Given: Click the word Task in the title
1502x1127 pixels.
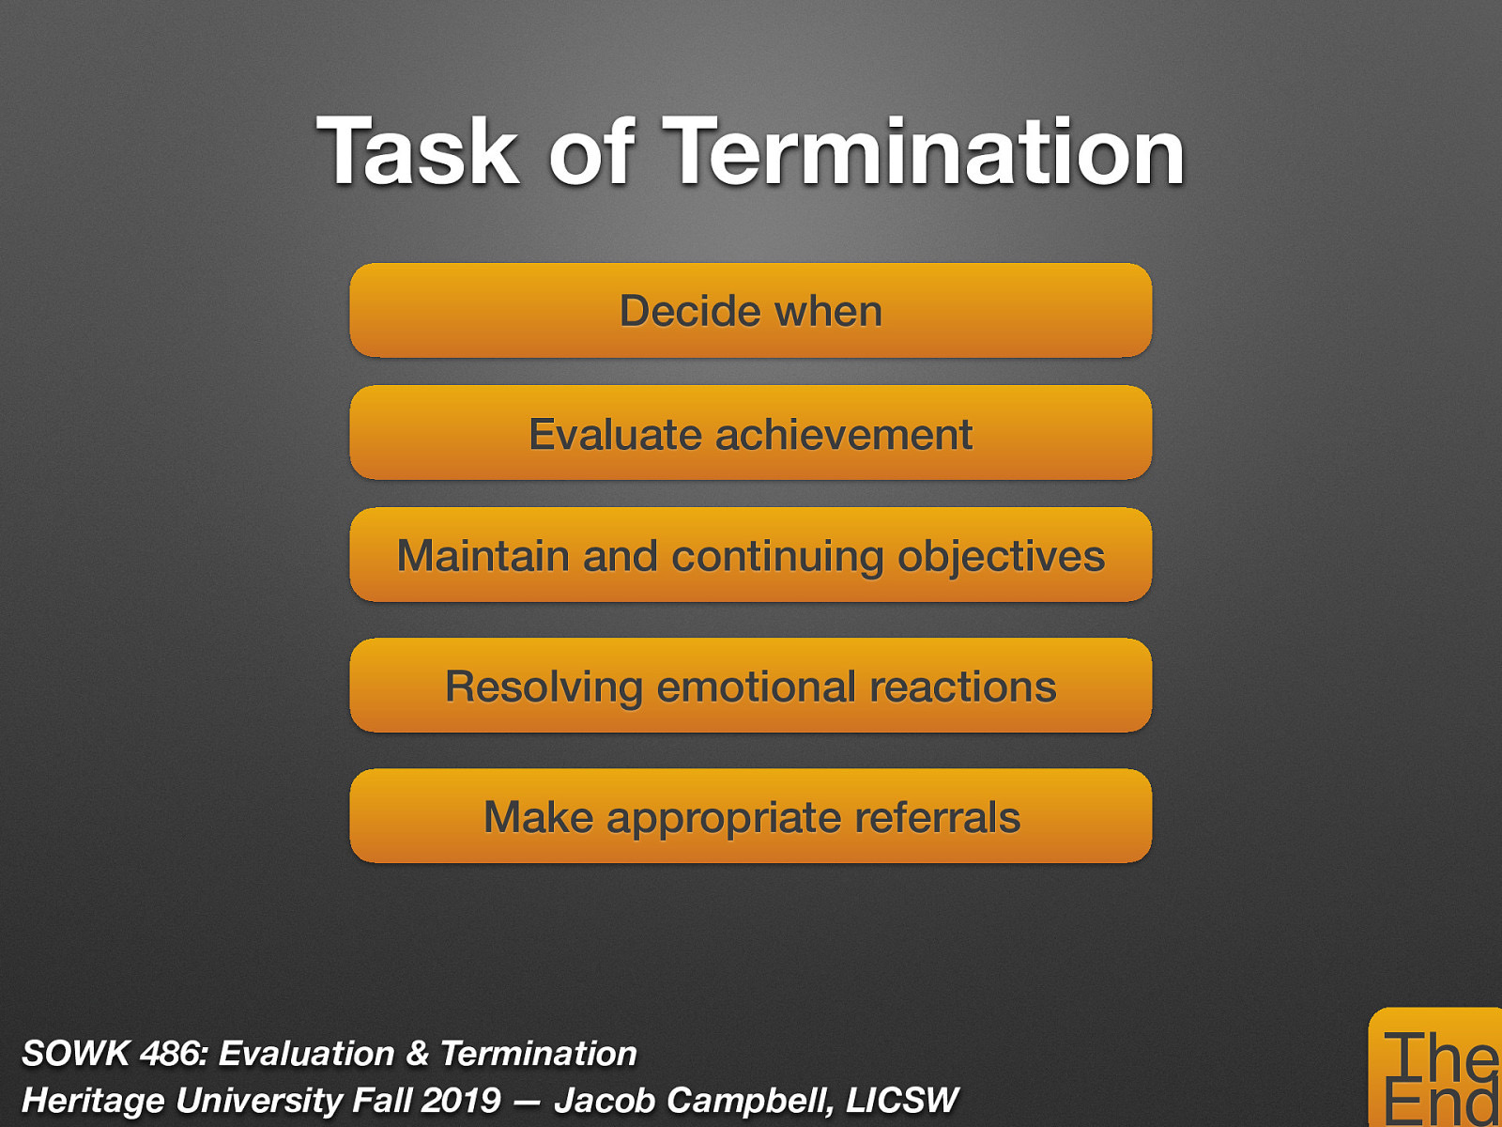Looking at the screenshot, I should [x=418, y=153].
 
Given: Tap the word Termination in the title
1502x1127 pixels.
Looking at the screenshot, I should [x=925, y=153].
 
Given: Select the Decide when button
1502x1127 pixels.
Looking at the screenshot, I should [x=750, y=311].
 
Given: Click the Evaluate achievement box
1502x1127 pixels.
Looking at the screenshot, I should [x=750, y=434].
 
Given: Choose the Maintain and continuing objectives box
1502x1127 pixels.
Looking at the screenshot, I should [x=750, y=555].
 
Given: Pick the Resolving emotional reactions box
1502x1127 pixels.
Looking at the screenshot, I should [x=750, y=686].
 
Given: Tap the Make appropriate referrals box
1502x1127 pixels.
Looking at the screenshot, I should [x=750, y=816].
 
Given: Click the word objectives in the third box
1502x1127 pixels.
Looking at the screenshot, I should [x=1001, y=556].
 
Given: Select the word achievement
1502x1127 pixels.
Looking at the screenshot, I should [x=843, y=435].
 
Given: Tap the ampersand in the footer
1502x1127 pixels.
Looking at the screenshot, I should [x=417, y=1054].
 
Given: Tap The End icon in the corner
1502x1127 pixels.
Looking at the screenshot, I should [x=1436, y=1071].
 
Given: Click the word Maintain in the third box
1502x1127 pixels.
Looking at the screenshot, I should [x=483, y=556].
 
